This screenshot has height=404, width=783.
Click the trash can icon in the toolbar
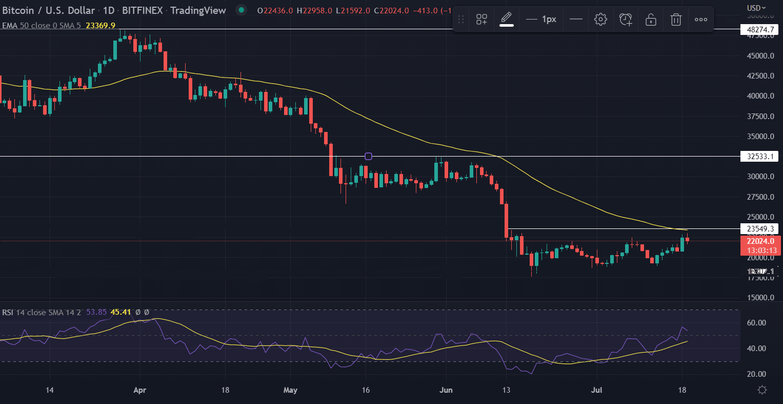click(676, 20)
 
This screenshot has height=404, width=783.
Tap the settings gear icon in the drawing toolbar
click(600, 20)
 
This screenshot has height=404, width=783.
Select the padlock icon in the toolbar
click(651, 20)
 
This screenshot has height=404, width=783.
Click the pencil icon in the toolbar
click(507, 18)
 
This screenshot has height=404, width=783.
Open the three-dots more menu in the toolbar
click(701, 20)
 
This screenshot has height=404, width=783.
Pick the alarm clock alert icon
click(626, 20)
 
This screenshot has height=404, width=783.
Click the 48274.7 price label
click(759, 30)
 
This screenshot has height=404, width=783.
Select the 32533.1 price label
click(759, 157)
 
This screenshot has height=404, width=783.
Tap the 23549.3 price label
click(759, 228)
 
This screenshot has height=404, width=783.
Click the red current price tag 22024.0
click(760, 241)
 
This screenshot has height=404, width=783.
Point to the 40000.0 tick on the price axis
click(760, 96)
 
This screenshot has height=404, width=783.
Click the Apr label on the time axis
click(139, 390)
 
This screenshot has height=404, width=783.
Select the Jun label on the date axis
click(446, 390)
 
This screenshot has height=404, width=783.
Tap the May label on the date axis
click(290, 390)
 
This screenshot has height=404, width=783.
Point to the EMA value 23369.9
click(101, 25)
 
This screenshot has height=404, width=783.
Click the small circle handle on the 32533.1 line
click(368, 156)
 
